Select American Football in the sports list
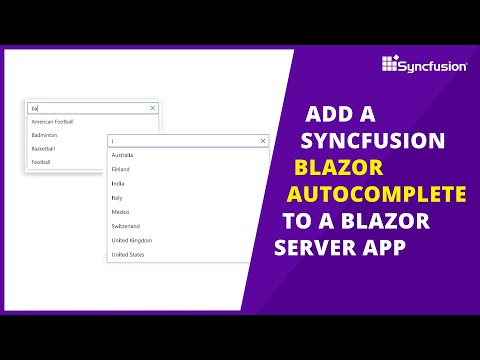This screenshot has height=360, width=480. tap(53, 122)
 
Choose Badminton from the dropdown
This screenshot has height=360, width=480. tap(44, 135)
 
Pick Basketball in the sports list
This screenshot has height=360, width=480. tap(44, 148)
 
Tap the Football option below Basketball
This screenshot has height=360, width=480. tap(41, 161)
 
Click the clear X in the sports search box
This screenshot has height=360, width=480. tap(152, 107)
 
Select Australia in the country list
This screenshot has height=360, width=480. tap(123, 155)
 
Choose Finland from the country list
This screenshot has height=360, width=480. tap(121, 169)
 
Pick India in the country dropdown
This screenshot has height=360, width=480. tap(118, 183)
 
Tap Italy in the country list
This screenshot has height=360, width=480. tap(117, 198)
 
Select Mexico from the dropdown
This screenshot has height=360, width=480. tap(121, 212)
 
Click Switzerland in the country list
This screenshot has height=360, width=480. tap(126, 226)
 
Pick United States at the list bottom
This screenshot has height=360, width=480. tap(128, 255)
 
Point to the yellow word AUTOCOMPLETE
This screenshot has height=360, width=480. tap(377, 193)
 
